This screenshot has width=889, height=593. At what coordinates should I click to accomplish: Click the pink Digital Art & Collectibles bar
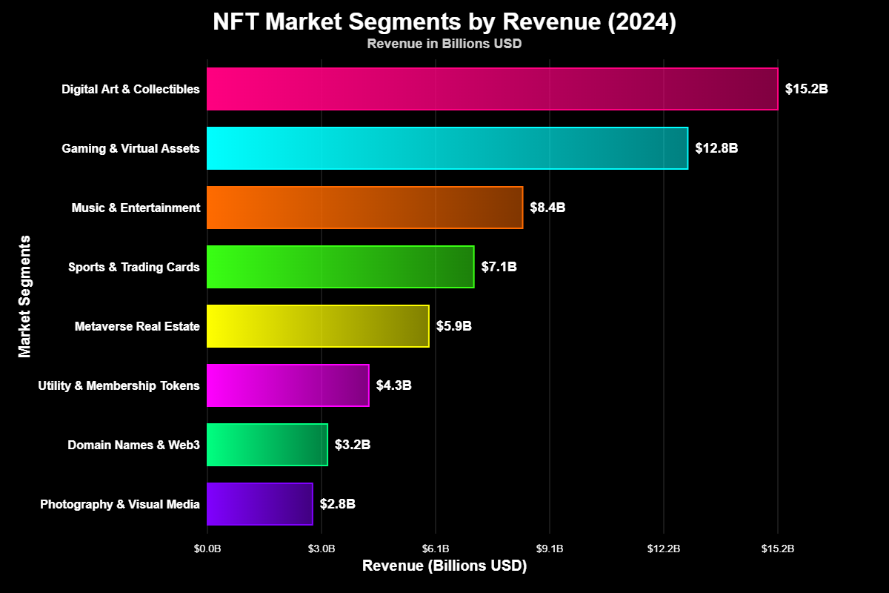point(492,89)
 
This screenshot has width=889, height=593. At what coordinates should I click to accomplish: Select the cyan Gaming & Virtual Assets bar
point(447,148)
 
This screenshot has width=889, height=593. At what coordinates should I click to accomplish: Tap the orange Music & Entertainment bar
point(364,208)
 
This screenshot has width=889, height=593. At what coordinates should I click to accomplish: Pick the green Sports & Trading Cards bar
point(340,267)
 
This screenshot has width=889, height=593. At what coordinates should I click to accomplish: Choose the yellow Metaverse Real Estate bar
point(318,326)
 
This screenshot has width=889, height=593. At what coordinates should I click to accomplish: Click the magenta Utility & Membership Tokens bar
point(287,385)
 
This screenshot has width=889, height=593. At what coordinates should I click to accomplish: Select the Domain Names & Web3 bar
point(267,445)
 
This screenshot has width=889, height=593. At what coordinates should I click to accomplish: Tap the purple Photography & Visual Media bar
point(259,504)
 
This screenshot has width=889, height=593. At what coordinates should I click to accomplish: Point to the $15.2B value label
point(806,89)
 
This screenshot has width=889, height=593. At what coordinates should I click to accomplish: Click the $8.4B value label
point(547,208)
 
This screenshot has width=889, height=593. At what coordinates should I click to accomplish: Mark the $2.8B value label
point(337,504)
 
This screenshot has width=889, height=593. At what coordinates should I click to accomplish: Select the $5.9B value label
point(453,326)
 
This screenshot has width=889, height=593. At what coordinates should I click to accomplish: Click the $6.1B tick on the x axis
point(436,549)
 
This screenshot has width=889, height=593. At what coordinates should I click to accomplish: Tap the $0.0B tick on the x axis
point(207,549)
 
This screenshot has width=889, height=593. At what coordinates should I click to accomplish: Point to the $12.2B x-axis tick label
point(663,549)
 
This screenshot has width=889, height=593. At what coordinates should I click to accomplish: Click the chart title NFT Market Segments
point(444,22)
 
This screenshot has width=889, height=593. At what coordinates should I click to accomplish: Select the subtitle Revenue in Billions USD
point(444,44)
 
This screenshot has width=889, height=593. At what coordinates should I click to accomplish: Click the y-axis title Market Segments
point(25,296)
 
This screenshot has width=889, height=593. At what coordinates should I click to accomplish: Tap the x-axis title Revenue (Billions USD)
point(444,566)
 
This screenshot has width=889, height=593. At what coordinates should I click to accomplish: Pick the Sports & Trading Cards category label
point(133,267)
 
